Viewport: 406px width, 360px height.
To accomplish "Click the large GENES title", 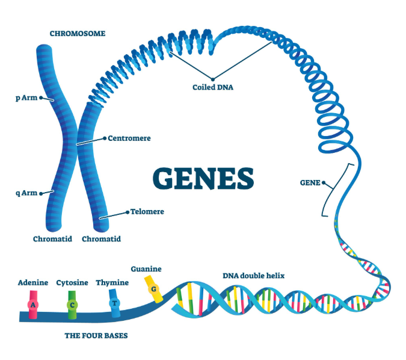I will point(203,178).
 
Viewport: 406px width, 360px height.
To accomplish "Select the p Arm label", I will point(26,97).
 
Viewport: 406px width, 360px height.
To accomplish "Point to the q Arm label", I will point(26,193).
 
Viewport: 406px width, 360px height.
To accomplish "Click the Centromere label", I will point(129,138).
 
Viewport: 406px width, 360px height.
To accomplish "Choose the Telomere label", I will point(147,212).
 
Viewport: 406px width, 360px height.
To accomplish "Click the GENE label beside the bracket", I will point(309,182).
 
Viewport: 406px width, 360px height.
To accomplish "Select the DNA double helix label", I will point(253,276).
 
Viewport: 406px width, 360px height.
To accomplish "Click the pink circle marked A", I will point(34,305).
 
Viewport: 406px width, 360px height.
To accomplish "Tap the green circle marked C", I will point(72,305).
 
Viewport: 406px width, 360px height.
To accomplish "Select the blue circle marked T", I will point(114,303).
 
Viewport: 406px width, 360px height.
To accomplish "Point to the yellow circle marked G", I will point(154,290).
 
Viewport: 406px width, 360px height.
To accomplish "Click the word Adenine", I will point(33,282).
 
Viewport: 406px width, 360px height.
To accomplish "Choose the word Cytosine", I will point(72,282).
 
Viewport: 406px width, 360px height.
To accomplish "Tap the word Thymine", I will point(112,282).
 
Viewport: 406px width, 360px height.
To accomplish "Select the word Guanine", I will point(146,269).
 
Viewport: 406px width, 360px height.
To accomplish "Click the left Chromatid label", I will point(52,239).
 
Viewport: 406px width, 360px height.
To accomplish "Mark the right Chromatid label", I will point(101,239).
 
